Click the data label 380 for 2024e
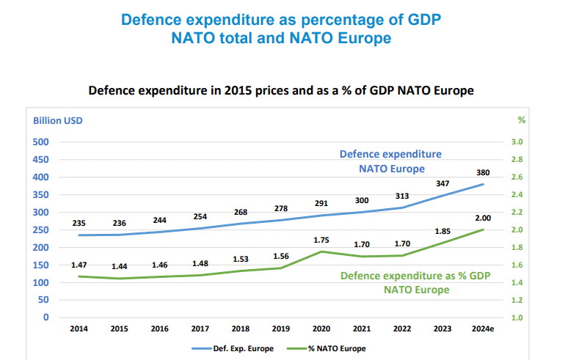coord(483,173)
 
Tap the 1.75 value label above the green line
coord(321,240)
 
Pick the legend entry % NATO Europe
coord(338,348)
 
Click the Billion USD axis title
coord(57,120)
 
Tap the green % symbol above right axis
coord(522,120)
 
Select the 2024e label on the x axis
coord(483,329)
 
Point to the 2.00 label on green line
coord(483,218)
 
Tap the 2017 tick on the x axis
coord(200,329)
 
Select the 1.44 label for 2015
coord(120,267)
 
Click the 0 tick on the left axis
coord(45,317)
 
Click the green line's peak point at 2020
coord(321,251)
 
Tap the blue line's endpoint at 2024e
coord(483,184)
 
